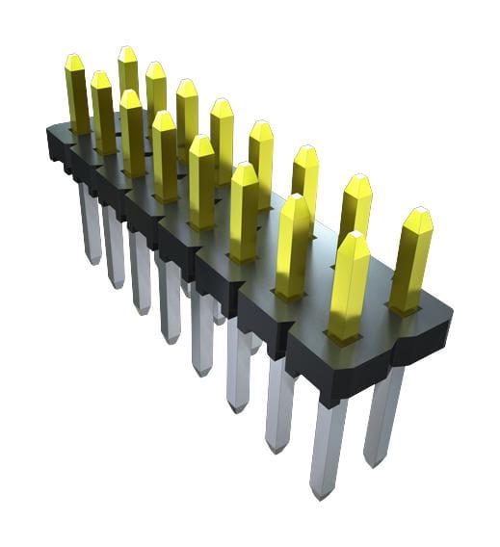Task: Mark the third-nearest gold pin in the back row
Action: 305,183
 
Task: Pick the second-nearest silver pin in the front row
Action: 280,404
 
